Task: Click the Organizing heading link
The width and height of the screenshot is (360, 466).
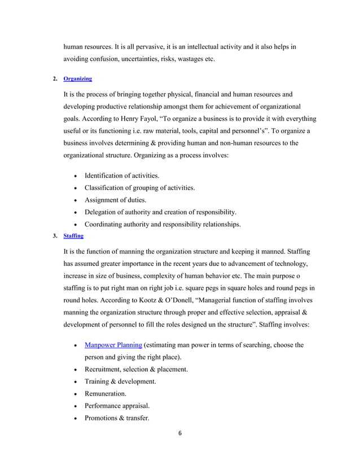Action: [78, 78]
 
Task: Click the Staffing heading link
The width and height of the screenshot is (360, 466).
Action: [73, 235]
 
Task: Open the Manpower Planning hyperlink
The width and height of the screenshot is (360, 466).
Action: [113, 345]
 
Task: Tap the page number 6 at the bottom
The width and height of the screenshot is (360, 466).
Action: [179, 434]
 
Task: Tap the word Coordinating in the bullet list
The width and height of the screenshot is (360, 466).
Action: [108, 224]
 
